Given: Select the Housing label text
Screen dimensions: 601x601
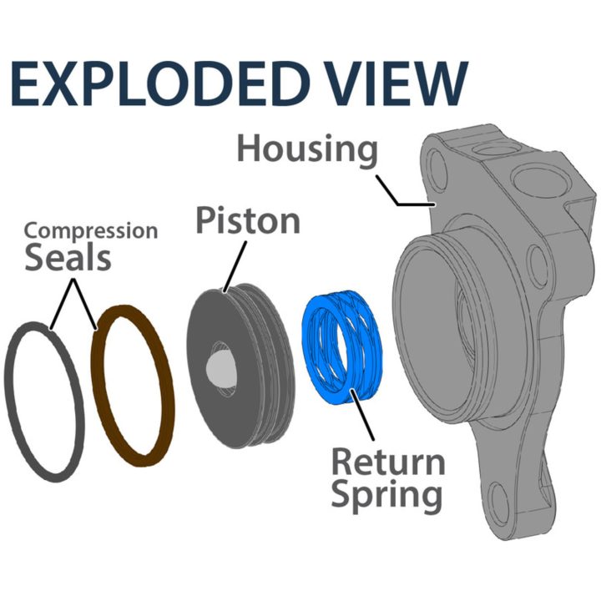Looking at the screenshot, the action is coord(307,149).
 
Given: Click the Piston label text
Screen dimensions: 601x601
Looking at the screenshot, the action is coord(248,220).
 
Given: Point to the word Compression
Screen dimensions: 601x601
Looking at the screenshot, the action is coord(91,231).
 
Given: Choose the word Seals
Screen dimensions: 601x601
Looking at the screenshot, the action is coord(68,257).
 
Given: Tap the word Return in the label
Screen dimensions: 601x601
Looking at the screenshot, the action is coord(388,462).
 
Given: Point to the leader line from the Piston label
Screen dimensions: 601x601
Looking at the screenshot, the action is coord(235,267).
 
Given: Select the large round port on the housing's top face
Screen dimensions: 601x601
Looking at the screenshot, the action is coord(531,180).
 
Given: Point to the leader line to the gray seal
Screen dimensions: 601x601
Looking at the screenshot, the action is coord(61,304).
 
